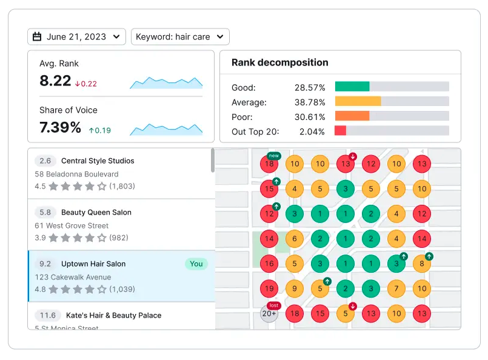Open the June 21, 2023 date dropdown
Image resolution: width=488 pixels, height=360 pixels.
point(76,37)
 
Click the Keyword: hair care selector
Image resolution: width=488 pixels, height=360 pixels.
point(180,37)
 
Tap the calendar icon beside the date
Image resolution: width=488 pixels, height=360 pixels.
point(37,37)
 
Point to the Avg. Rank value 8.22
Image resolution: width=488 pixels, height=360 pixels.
point(55,81)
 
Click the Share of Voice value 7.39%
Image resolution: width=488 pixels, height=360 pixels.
point(60,127)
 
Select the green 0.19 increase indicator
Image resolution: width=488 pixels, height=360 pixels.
point(100,130)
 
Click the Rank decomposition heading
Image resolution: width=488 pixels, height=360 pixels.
point(280,62)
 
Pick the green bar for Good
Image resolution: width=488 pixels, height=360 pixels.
point(352,87)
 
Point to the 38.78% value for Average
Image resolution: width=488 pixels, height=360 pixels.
point(310,102)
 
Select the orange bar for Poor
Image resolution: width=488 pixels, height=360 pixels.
point(352,116)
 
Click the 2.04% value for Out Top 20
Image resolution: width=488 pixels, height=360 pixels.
point(312,132)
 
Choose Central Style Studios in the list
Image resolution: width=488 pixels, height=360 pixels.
point(98,161)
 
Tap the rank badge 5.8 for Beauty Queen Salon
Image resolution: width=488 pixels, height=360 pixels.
point(45,213)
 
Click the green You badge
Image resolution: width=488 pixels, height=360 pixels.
point(196,264)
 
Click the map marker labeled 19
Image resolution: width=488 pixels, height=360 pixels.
point(269,288)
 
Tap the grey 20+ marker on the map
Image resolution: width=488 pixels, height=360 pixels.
point(269,313)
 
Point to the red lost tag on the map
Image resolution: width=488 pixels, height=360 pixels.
point(273,305)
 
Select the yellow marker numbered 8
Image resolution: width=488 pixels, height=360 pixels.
point(421,264)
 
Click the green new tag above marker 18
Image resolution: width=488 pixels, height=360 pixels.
point(273,156)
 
